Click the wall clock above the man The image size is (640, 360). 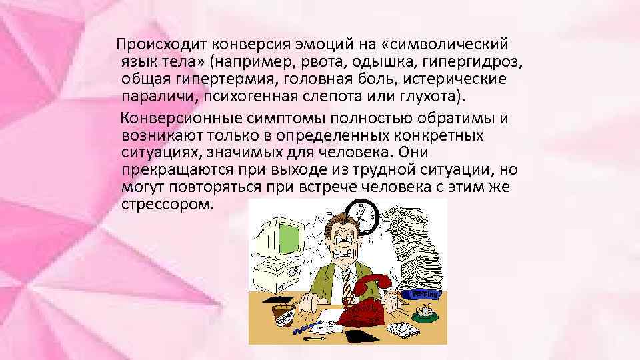click(365, 215)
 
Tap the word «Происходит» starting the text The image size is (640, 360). click(163, 45)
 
